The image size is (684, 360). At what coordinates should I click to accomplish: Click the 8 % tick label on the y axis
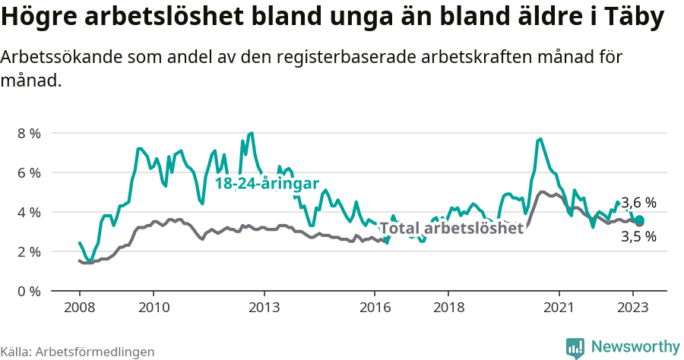tap(30, 133)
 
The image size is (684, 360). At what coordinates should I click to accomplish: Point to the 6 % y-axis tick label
tap(30, 172)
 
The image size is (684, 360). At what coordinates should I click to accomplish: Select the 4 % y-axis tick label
tap(30, 212)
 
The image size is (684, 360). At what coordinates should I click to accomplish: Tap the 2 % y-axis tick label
tap(30, 251)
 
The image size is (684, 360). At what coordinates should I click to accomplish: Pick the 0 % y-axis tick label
tap(30, 291)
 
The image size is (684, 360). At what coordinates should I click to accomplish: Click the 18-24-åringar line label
tap(266, 184)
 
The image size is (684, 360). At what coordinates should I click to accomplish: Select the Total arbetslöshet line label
tap(451, 228)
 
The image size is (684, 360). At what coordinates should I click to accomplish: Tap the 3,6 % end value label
tap(638, 203)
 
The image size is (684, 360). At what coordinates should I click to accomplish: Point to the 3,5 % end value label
tap(638, 236)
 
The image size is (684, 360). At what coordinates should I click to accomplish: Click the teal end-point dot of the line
tap(639, 220)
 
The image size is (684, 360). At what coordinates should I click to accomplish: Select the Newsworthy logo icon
tap(575, 348)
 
